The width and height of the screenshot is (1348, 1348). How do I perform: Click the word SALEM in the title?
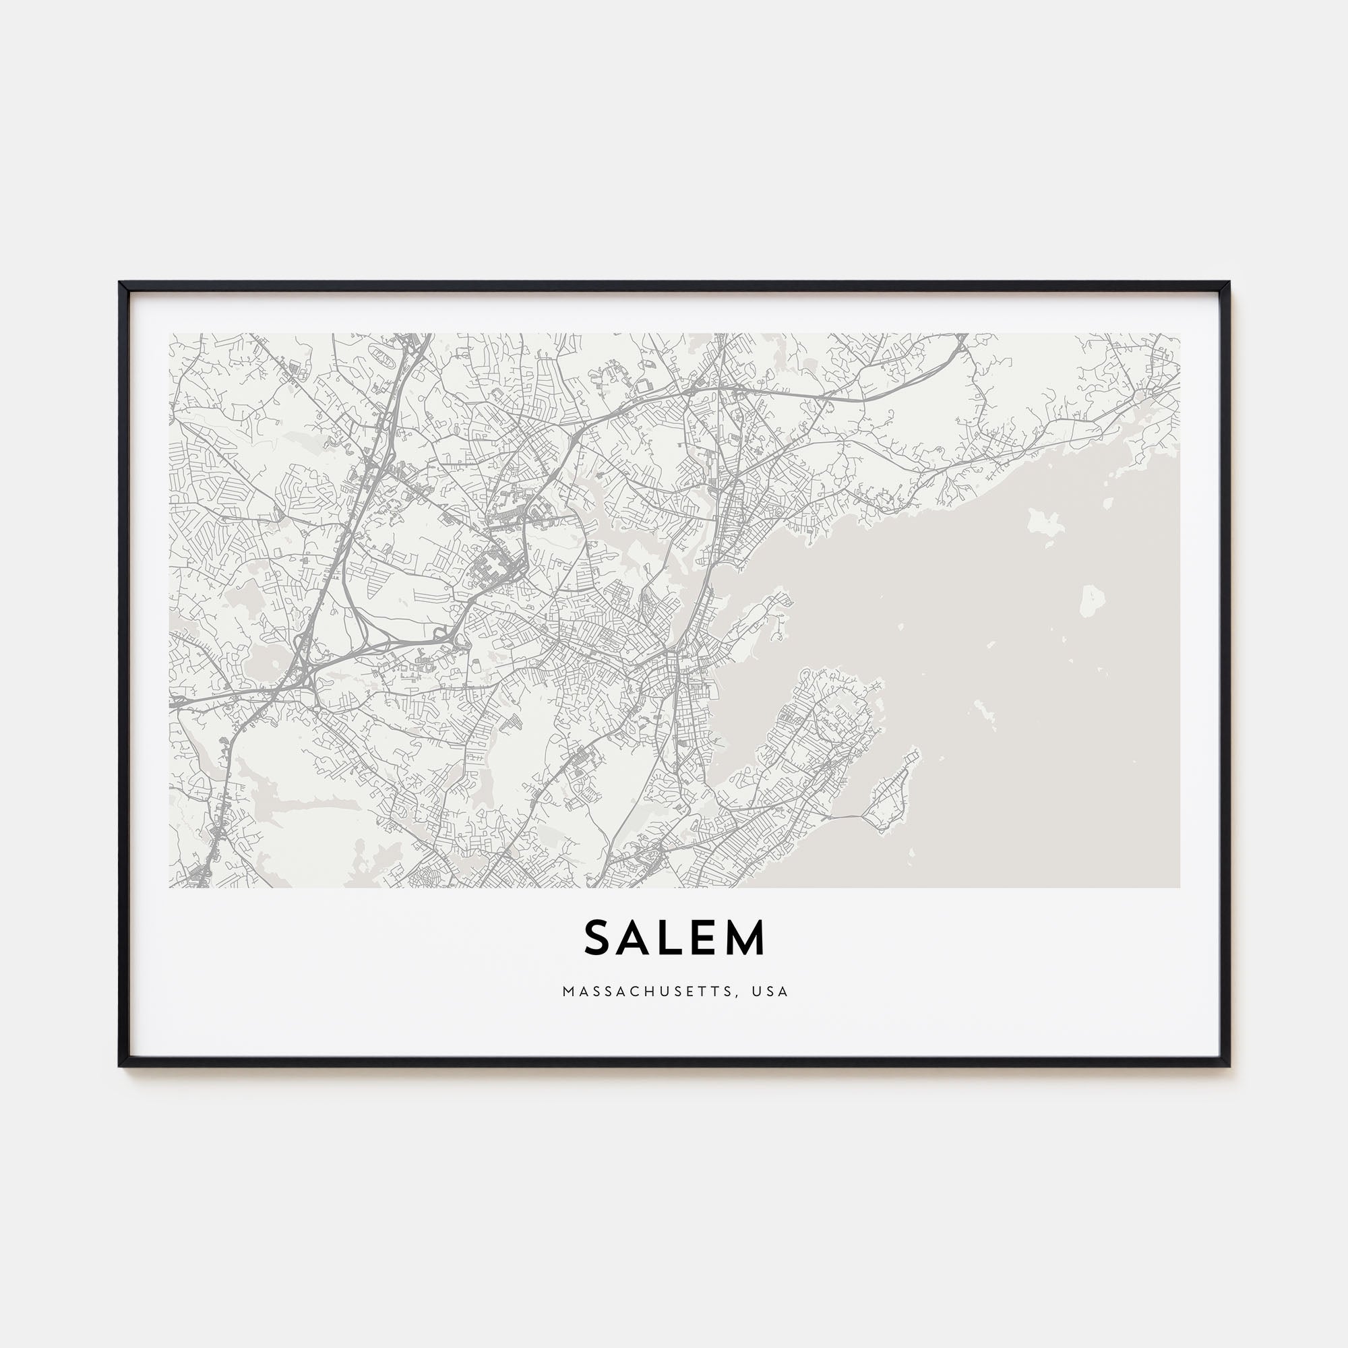tap(674, 938)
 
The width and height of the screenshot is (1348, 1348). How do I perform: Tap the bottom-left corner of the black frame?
tap(121, 1066)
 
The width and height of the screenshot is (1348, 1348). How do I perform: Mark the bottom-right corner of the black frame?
tap(1228, 1066)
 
